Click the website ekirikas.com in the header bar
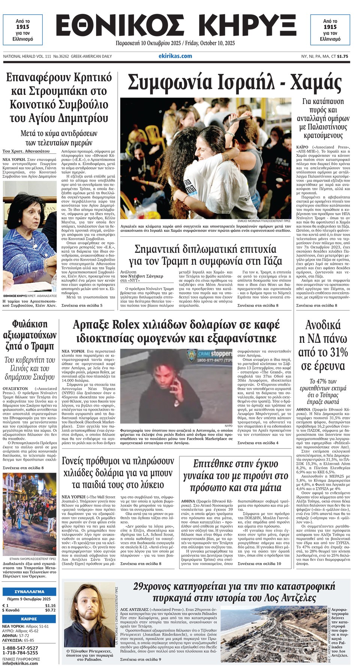pyautogui.click(x=175, y=56)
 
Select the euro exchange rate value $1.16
pyautogui.click(x=50, y=605)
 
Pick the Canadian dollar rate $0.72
pyautogui.click(x=50, y=610)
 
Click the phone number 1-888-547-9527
pyautogui.click(x=20, y=648)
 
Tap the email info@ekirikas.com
pyautogui.click(x=20, y=663)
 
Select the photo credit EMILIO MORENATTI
pyautogui.click(x=253, y=221)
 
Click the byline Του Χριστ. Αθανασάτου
pyautogui.click(x=26, y=151)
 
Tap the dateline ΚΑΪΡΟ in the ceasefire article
pyautogui.click(x=303, y=147)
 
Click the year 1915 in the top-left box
pyautogui.click(x=22, y=27)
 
